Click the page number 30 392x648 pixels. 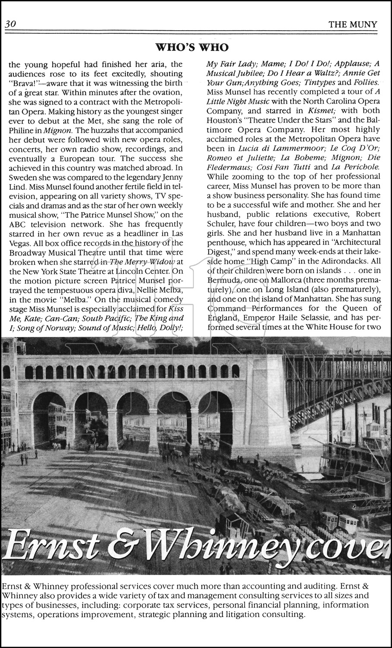pyautogui.click(x=10, y=24)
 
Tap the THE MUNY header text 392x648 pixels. pyautogui.click(x=353, y=25)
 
